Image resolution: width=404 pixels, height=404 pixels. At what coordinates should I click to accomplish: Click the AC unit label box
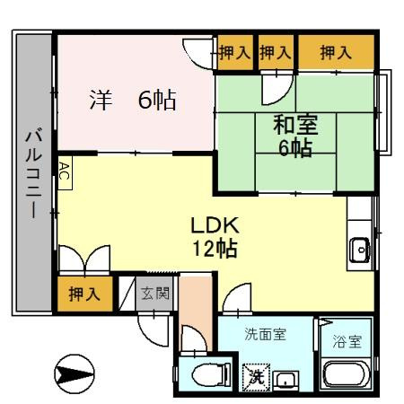[x=65, y=173]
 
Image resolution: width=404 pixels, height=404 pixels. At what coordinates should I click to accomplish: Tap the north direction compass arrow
[x=75, y=373]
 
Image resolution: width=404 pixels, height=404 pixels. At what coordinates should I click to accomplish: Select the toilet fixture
[x=211, y=374]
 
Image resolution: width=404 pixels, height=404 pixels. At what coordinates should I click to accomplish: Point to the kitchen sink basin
[x=360, y=250]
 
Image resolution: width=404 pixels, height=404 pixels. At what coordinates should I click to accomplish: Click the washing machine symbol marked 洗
[x=257, y=377]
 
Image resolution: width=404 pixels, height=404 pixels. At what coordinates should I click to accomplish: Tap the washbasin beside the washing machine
[x=286, y=381]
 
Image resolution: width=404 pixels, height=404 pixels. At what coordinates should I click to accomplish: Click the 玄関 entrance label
[x=155, y=294]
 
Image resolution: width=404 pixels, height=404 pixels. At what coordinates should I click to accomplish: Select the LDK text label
[x=215, y=225]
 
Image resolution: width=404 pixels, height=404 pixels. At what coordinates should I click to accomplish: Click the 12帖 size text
[x=215, y=248]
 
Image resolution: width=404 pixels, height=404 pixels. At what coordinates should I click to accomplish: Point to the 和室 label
[x=295, y=126]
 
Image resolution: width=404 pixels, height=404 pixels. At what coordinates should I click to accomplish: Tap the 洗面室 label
[x=266, y=334]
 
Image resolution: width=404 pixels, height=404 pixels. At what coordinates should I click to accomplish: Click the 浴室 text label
[x=347, y=341]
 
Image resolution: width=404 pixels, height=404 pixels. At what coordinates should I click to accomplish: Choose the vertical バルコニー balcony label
[x=33, y=172]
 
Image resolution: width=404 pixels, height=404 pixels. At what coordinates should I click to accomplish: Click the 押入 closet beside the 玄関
[x=85, y=294]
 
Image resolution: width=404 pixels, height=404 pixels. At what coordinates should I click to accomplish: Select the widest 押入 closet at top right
[x=337, y=52]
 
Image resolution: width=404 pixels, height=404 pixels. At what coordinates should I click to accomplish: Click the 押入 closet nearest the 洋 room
[x=235, y=53]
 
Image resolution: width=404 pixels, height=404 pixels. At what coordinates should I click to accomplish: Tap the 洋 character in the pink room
[x=101, y=100]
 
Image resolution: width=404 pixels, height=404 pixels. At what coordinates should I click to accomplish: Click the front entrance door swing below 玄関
[x=154, y=329]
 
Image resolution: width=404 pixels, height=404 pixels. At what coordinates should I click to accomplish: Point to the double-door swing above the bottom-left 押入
[x=84, y=259]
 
